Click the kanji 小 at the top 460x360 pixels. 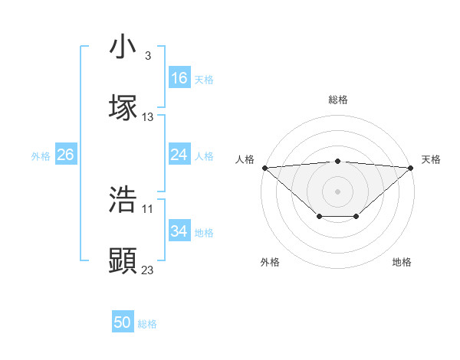(x=123, y=47)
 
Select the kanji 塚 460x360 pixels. (x=123, y=108)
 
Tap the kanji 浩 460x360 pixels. (x=123, y=199)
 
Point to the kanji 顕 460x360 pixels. (x=123, y=261)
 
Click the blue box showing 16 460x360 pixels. (x=179, y=78)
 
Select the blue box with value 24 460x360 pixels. (x=179, y=155)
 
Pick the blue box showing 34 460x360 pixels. (x=179, y=231)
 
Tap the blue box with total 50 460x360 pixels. (x=123, y=323)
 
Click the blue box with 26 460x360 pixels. (x=65, y=155)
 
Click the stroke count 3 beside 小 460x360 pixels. (x=147, y=56)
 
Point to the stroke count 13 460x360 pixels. (x=148, y=117)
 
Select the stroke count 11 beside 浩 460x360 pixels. (x=148, y=208)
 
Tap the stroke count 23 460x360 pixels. (x=148, y=270)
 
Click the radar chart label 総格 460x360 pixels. (x=337, y=100)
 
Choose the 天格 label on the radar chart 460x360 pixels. (x=431, y=159)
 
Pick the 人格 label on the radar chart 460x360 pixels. (x=245, y=159)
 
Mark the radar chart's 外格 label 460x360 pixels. (x=270, y=262)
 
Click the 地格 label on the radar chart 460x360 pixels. (x=402, y=262)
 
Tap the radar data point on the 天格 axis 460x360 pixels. (x=411, y=167)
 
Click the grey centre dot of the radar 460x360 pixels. (x=337, y=191)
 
